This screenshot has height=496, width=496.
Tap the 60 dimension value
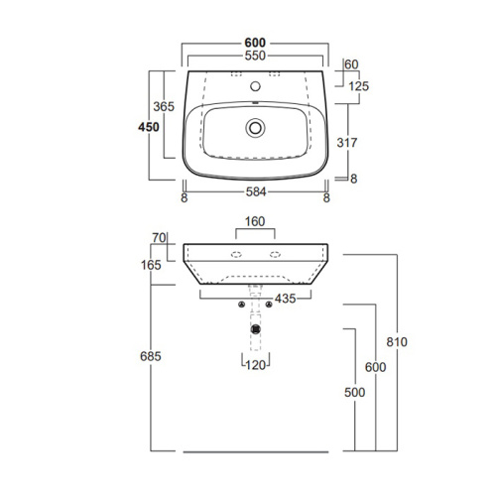click(351, 65)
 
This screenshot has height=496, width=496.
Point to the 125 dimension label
click(358, 86)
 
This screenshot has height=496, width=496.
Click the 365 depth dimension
click(164, 106)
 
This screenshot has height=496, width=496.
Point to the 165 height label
click(152, 266)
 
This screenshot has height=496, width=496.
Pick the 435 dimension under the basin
click(284, 299)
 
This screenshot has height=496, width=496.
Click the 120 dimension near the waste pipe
click(257, 365)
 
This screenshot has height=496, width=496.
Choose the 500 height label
click(355, 392)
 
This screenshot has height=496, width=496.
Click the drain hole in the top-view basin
click(257, 127)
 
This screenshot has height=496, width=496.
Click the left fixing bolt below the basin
click(243, 305)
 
